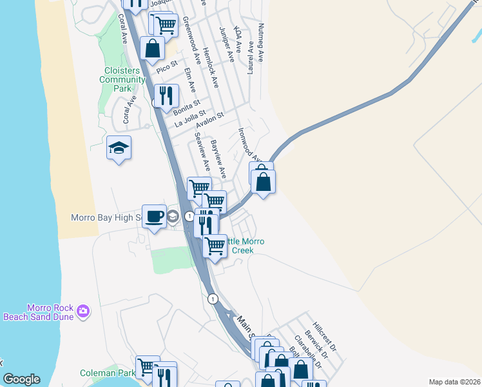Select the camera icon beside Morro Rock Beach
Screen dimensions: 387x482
tap(83, 312)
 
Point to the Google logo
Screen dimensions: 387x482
tap(21, 379)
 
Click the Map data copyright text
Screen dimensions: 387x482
tap(454, 382)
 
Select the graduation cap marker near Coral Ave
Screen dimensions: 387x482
tap(119, 148)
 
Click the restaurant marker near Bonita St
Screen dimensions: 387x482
tap(166, 95)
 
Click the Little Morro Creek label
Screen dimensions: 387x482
tap(240, 246)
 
